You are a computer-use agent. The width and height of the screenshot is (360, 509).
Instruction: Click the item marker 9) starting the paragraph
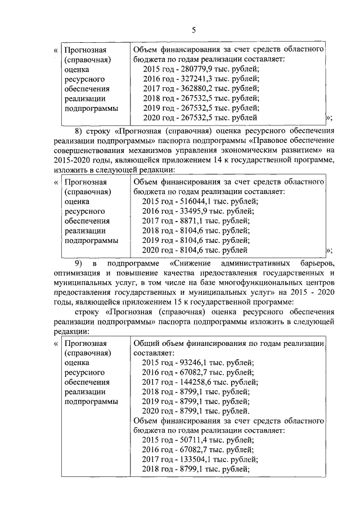(x=80, y=264)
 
